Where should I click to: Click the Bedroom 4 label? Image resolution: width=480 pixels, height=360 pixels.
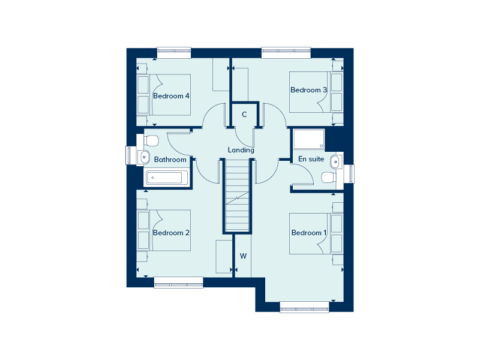coord(171,96)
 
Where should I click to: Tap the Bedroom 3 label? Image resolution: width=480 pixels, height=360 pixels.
coord(308,90)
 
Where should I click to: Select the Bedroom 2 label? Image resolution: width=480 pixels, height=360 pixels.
coord(171,233)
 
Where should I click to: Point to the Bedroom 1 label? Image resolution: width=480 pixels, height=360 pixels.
coord(309,233)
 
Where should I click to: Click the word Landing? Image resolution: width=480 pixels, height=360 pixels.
coord(241,150)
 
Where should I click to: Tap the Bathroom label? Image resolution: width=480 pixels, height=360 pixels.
coord(170,160)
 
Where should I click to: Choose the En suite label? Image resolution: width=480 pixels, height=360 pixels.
coord(311,159)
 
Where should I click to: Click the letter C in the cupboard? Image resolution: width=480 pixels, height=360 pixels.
coord(244,115)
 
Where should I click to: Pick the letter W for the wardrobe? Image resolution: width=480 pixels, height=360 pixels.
coord(244,256)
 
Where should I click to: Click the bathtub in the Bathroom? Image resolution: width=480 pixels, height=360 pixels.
coord(167,178)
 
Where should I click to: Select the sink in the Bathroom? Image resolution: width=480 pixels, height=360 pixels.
coord(143,157)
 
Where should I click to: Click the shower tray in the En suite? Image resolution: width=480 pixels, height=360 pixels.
coord(308,139)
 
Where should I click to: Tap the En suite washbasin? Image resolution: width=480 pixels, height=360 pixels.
coord(336,161)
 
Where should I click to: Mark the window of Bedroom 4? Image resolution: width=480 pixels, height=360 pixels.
coord(174,52)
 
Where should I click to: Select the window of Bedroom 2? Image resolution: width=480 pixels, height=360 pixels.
coord(178,282)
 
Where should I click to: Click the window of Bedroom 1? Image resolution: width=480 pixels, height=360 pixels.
coord(304,307)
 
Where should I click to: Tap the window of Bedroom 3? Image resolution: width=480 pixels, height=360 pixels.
coord(286,52)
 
